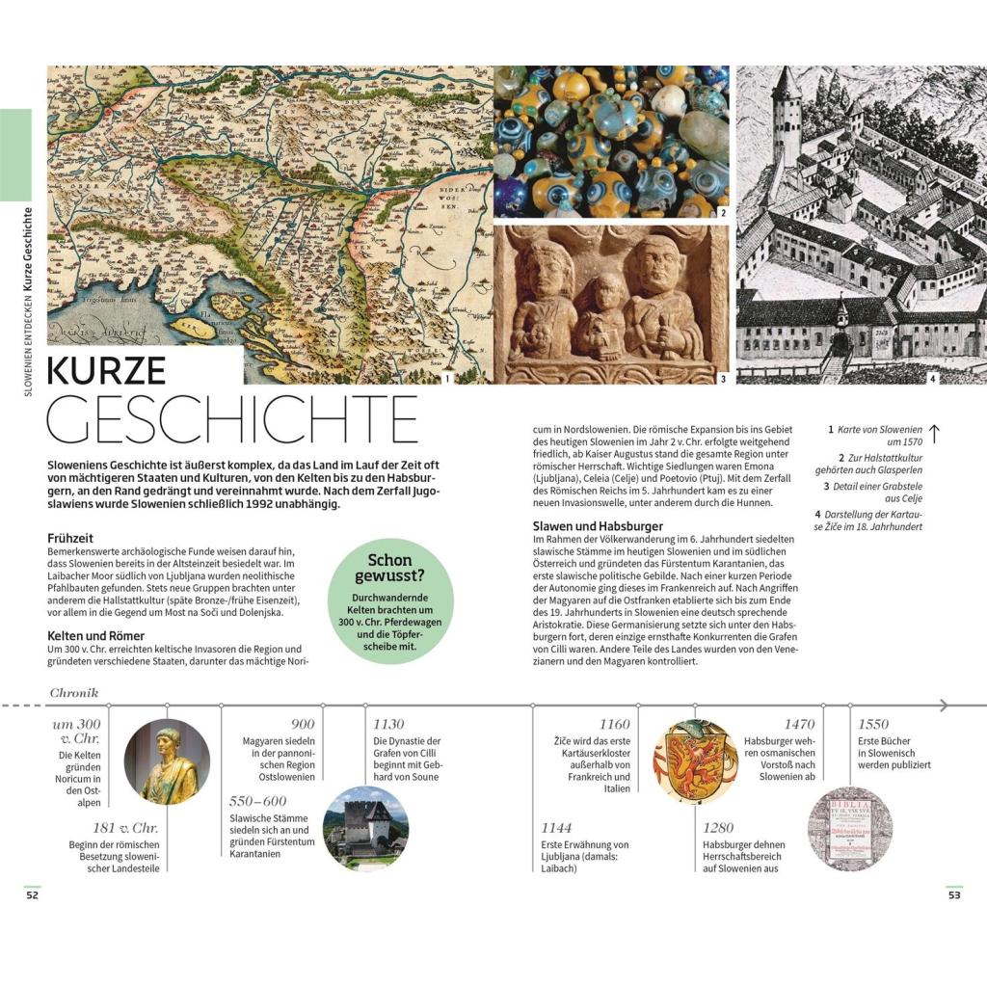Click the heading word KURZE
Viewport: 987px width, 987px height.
pos(107,371)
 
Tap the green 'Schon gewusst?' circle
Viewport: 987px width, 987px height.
pos(389,600)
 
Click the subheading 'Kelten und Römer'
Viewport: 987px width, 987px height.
pos(96,635)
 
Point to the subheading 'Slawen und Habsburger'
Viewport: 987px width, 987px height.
pos(598,526)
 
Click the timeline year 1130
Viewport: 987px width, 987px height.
pos(389,724)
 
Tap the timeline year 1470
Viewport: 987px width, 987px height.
pos(798,724)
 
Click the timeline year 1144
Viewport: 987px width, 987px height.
pos(556,827)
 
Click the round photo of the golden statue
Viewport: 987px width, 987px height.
pos(167,761)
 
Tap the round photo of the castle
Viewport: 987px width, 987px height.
pos(365,828)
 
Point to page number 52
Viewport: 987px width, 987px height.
pos(32,895)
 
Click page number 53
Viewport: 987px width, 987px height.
pos(954,895)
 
